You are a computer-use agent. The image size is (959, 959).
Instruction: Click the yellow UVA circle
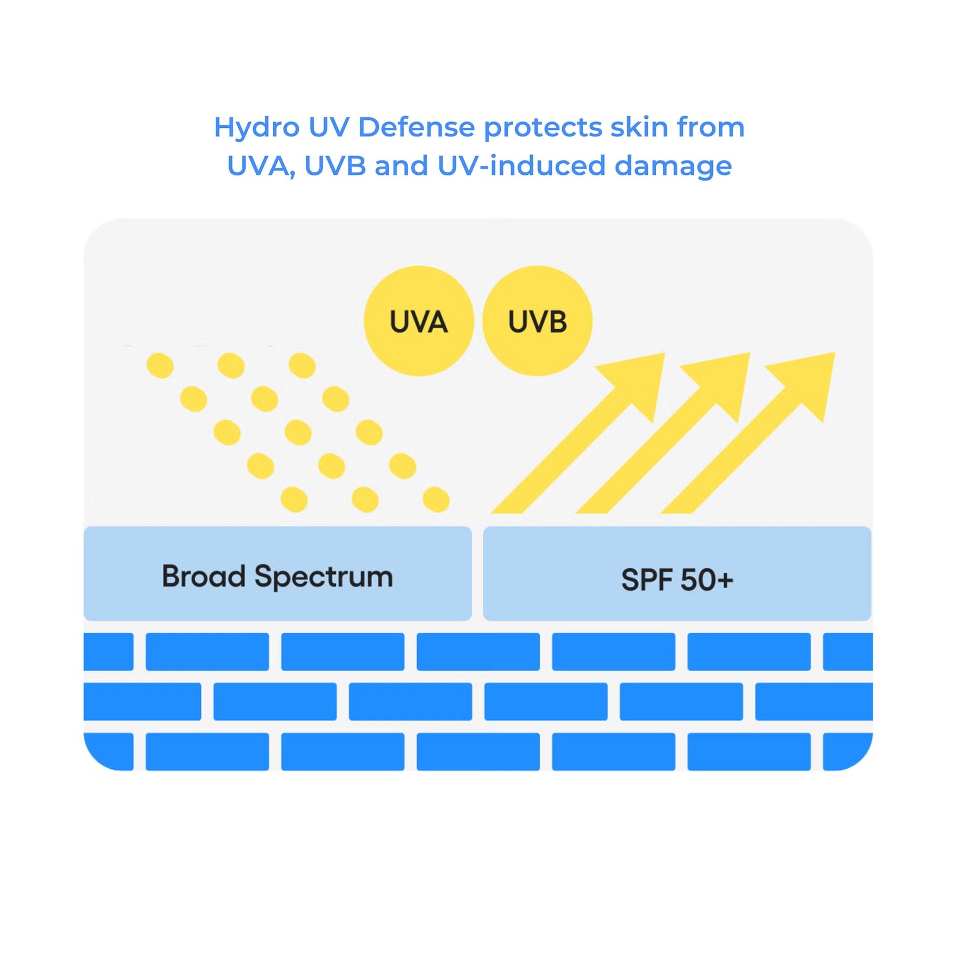(419, 321)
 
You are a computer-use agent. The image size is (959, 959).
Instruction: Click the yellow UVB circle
(537, 321)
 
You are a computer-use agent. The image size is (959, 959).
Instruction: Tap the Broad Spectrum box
(278, 574)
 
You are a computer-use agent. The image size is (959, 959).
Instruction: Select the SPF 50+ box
(677, 574)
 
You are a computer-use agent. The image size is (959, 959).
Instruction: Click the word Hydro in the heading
(257, 128)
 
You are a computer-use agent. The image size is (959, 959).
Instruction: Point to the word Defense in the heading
(416, 128)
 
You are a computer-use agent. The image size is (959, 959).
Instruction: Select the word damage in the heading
(673, 167)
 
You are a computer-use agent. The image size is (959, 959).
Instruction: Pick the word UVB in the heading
(335, 166)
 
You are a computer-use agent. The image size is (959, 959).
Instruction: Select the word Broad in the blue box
(204, 576)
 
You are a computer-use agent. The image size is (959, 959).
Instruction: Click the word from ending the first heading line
(710, 128)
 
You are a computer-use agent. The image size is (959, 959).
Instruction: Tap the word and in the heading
(401, 166)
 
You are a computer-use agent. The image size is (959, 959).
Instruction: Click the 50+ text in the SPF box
(706, 580)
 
